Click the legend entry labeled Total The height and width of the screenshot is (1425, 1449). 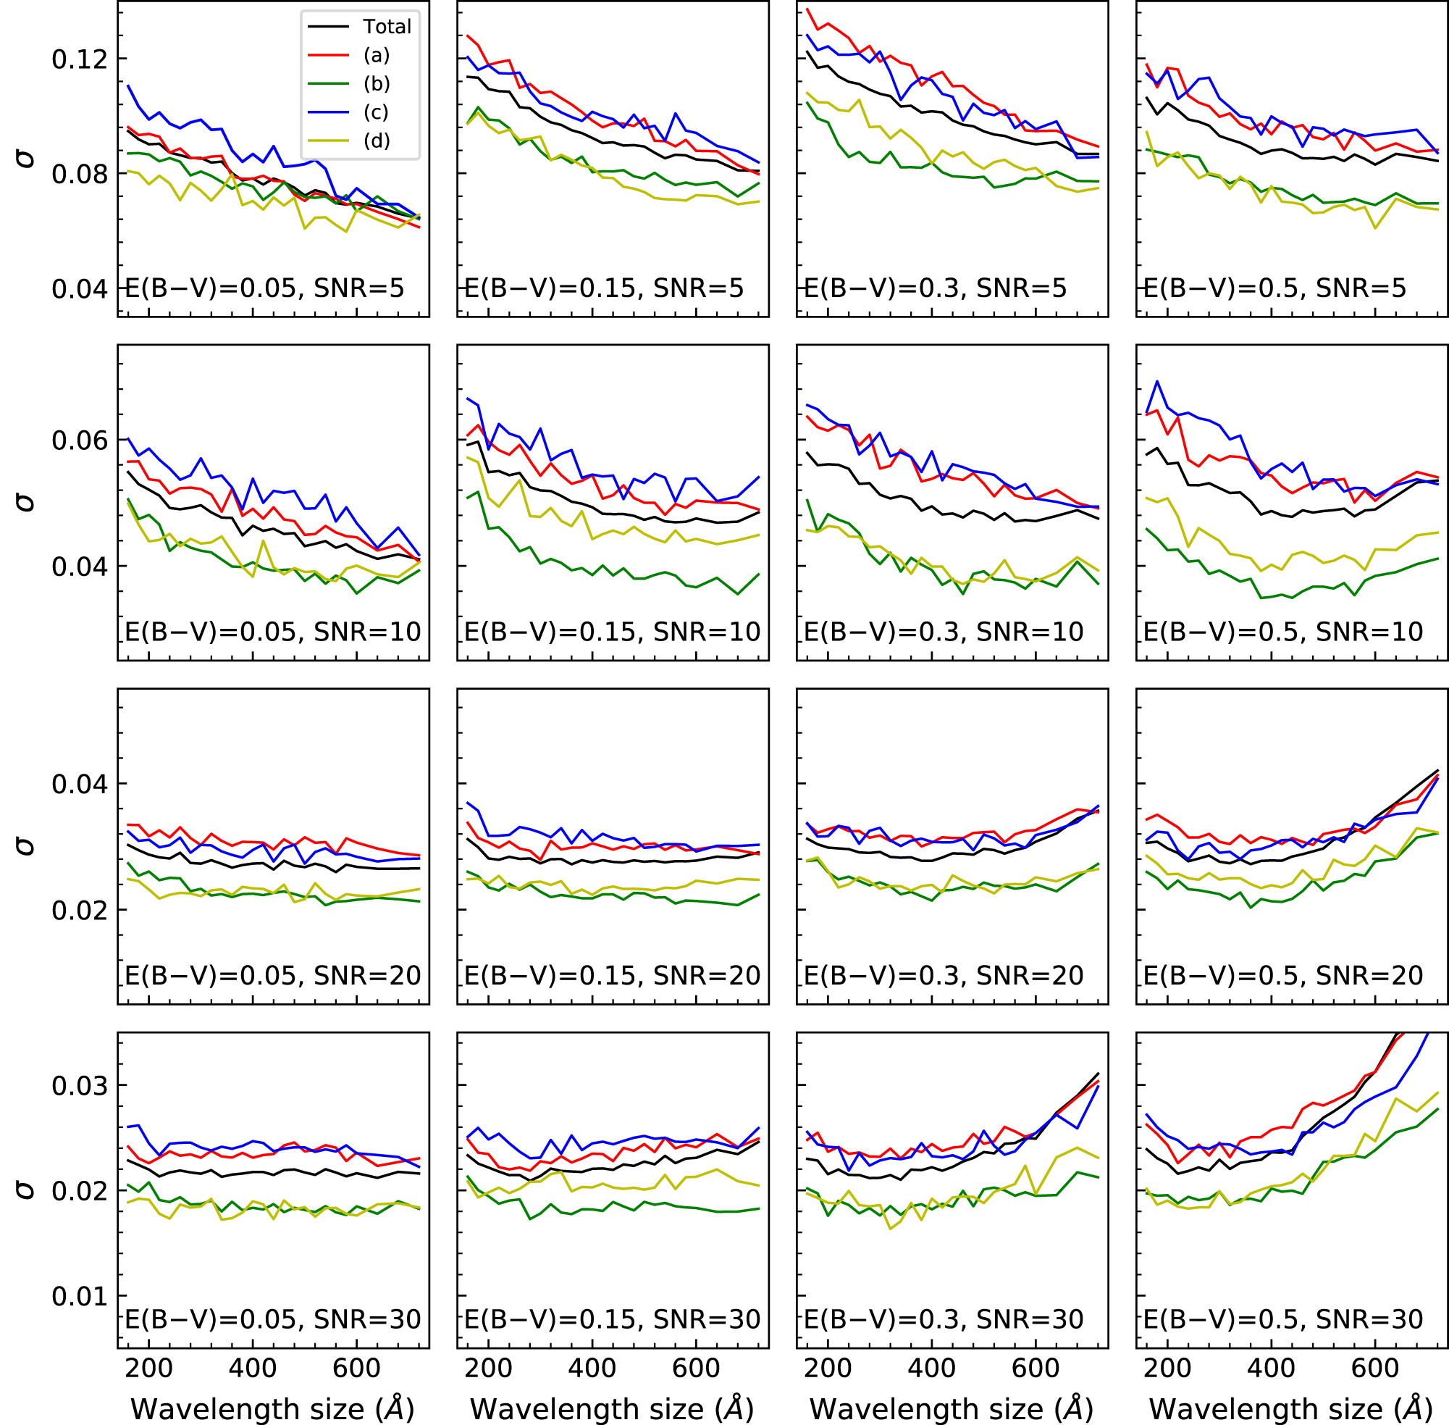387,27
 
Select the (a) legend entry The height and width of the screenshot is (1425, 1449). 377,55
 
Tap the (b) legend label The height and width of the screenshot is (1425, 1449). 377,84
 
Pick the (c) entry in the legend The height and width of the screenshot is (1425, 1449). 377,112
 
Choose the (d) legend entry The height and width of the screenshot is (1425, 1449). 377,141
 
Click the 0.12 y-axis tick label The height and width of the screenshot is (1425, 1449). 80,59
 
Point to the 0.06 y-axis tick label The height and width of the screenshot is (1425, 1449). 80,440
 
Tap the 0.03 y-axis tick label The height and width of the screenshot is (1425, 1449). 80,1086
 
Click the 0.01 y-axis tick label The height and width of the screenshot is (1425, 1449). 80,1296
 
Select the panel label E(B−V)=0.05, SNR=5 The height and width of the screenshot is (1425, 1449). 264,288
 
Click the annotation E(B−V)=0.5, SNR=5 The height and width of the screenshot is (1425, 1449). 1274,288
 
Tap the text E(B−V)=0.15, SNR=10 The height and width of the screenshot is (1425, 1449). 612,632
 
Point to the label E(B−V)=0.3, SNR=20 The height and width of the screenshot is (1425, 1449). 944,975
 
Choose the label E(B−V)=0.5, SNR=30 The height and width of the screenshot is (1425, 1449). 1283,1319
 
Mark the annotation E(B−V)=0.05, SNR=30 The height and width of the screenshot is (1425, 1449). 272,1319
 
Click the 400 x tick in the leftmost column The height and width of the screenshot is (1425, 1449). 253,1368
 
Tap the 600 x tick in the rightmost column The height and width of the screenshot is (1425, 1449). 1375,1368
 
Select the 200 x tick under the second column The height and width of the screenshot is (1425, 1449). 489,1368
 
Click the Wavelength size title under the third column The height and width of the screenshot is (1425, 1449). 951,1408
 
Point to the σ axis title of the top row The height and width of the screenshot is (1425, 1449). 25,158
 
